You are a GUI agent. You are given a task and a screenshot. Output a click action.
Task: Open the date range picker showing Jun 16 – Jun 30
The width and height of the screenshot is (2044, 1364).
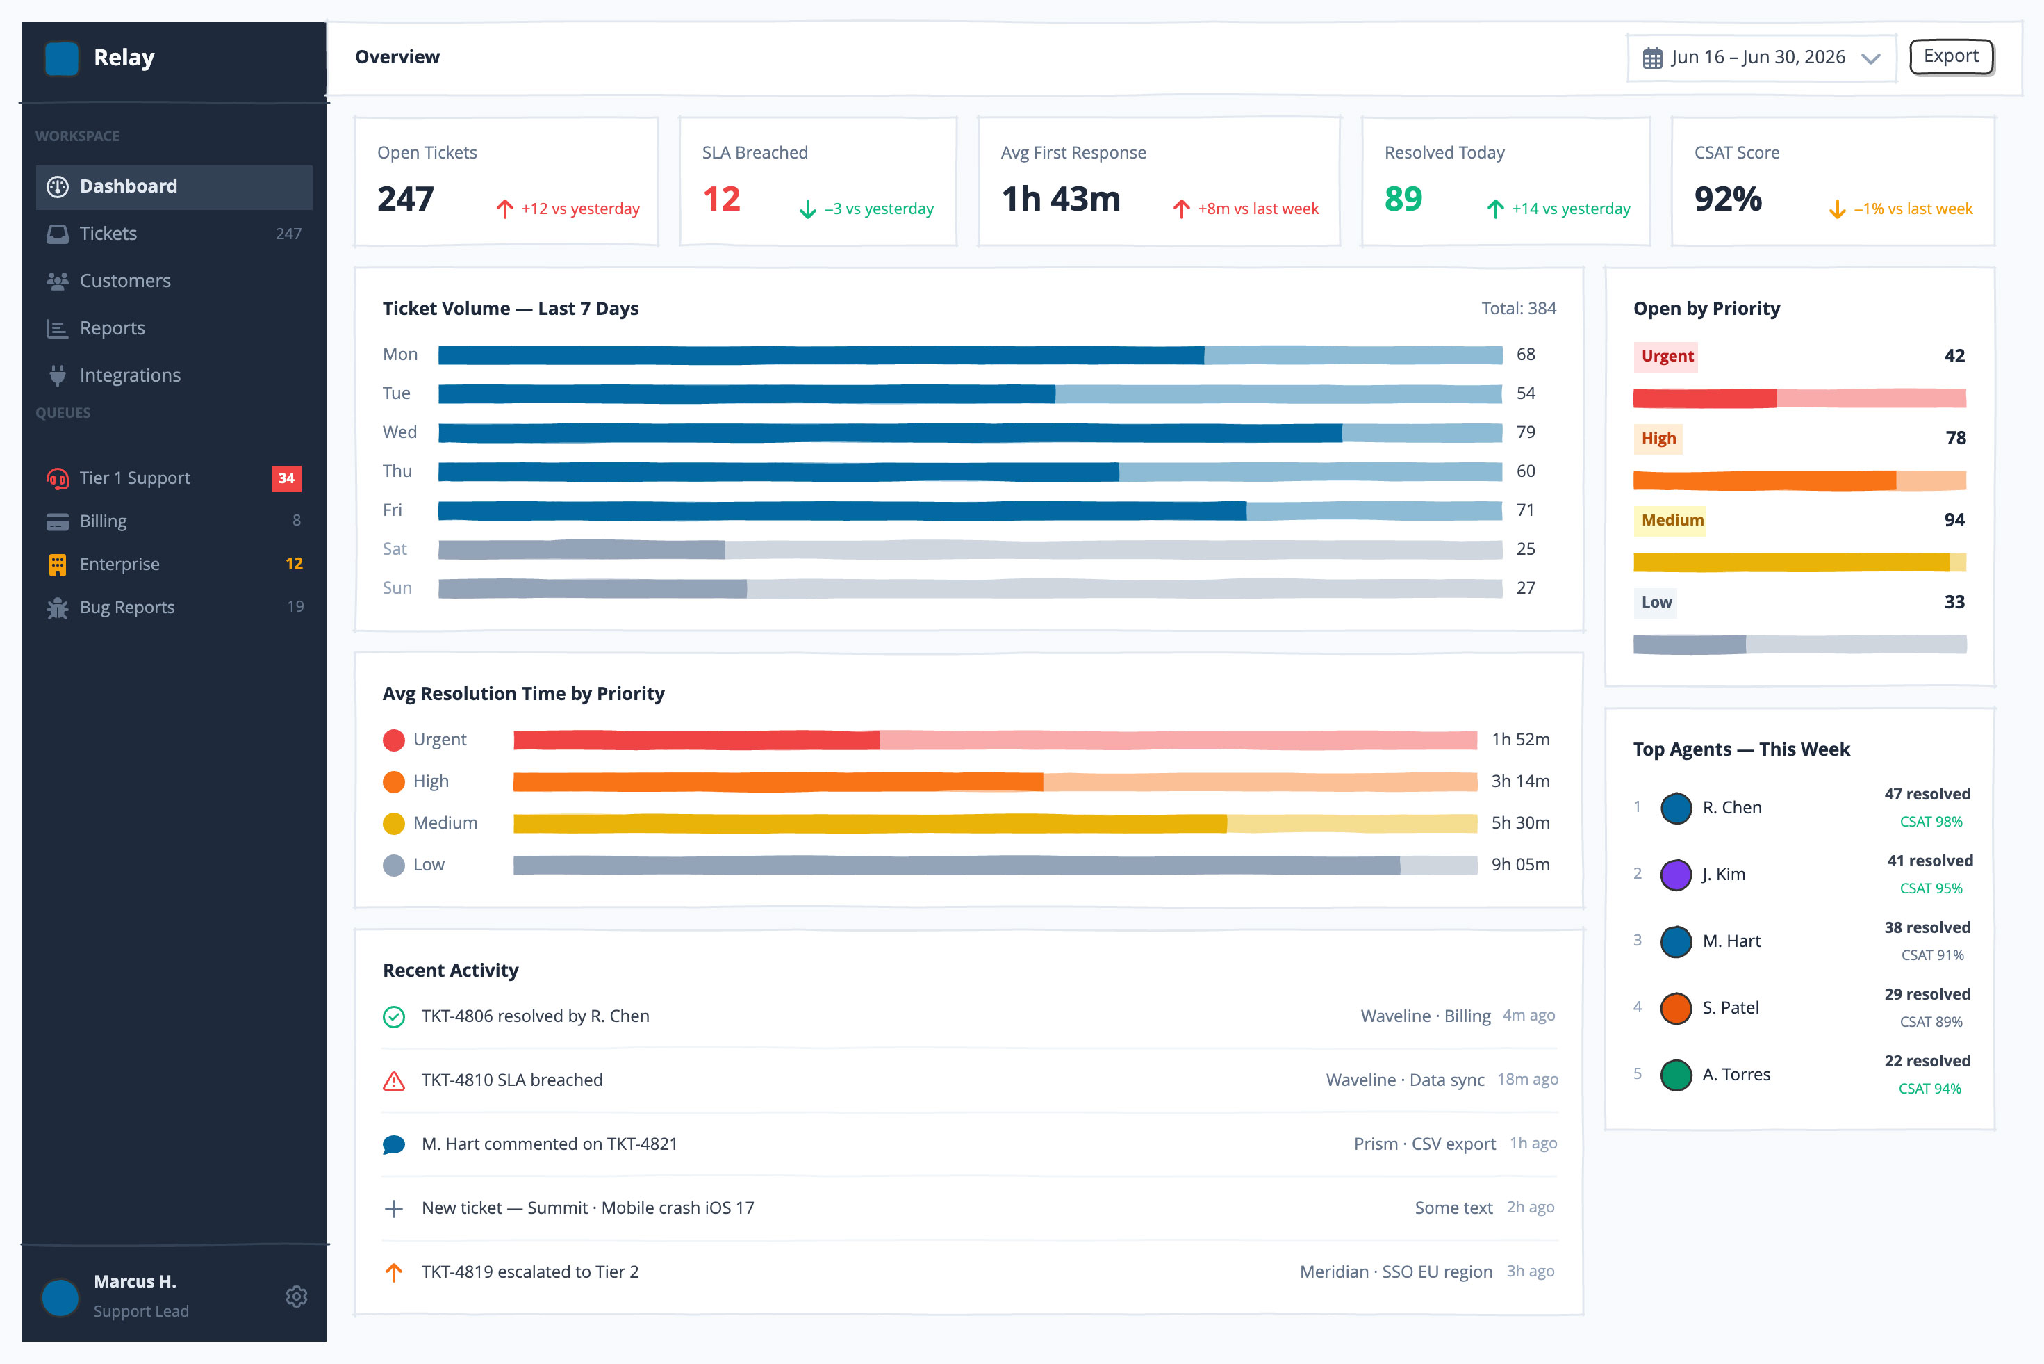tap(1761, 58)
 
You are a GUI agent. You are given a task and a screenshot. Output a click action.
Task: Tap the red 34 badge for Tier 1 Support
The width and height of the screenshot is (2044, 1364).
tap(286, 478)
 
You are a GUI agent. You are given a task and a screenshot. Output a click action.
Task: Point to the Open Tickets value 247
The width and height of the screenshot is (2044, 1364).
tap(405, 200)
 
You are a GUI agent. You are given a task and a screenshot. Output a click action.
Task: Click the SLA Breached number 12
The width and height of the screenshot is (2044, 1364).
tap(722, 200)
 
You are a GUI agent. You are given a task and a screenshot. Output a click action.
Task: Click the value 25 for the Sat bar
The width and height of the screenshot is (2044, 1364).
tap(1525, 549)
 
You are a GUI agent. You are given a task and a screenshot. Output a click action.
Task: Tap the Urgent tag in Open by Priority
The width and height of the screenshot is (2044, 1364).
tap(1667, 356)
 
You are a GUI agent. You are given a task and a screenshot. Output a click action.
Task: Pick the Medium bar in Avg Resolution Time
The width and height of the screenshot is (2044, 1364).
tap(995, 823)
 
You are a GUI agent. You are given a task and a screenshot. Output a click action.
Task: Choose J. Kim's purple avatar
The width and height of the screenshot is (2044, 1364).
tap(1675, 875)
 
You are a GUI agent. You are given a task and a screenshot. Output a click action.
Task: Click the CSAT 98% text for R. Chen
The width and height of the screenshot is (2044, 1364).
tap(1930, 821)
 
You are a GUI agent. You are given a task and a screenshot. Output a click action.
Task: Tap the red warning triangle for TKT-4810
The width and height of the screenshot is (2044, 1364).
tap(394, 1080)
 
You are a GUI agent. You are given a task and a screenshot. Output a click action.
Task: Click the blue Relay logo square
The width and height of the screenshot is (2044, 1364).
tap(62, 58)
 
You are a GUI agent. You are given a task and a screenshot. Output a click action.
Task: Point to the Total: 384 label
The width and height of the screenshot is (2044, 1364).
tap(1518, 308)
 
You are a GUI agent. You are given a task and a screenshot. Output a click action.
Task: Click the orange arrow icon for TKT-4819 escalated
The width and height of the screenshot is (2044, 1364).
tap(394, 1272)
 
